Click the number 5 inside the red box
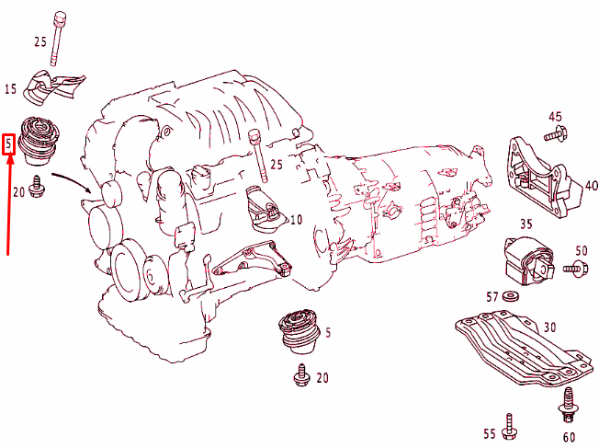pos(9,144)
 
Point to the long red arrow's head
pos(10,159)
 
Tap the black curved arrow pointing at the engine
pos(72,182)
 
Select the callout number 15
pos(11,89)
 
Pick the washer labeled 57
pos(510,295)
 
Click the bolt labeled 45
pos(556,133)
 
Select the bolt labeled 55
pos(509,427)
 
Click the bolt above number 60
pos(569,405)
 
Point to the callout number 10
pos(296,220)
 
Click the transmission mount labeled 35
pos(529,261)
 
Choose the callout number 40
pos(592,186)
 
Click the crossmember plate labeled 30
pos(524,347)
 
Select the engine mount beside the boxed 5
pos(40,141)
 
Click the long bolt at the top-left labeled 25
pos(58,39)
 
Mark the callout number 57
pos(492,296)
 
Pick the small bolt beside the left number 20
pos(38,187)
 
